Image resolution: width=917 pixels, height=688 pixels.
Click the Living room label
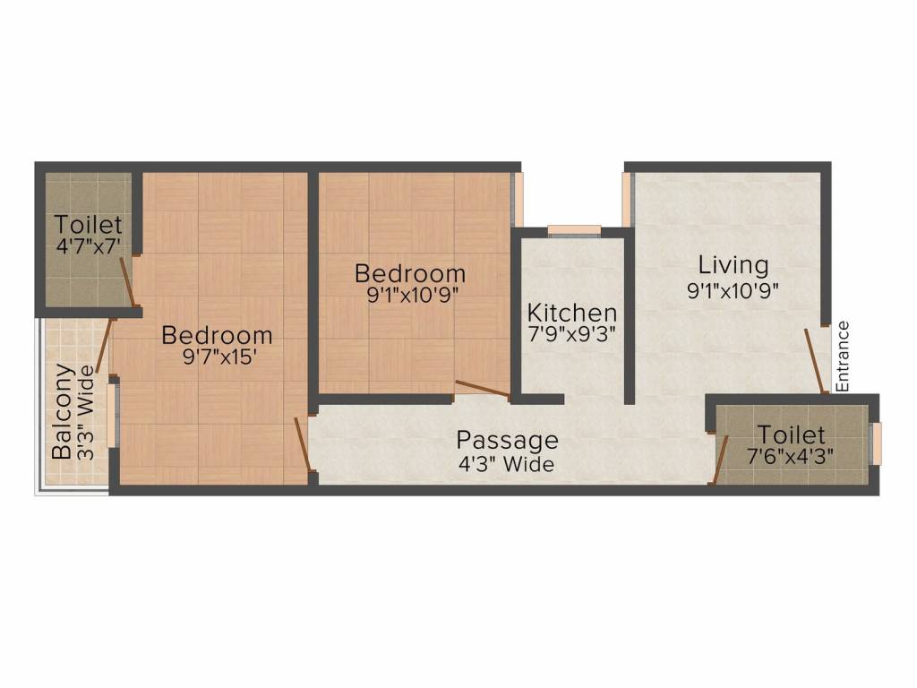[x=733, y=265]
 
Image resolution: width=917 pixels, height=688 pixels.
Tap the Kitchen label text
[x=571, y=314]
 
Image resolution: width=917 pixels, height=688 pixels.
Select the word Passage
[x=507, y=441]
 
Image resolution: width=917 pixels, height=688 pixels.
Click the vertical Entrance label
[x=843, y=356]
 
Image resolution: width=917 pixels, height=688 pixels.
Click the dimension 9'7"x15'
[x=217, y=359]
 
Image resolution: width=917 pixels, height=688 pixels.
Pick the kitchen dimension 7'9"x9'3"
[x=571, y=336]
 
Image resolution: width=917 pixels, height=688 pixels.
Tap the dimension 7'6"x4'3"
[x=791, y=457]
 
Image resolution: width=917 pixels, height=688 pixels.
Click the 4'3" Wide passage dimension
[x=507, y=464]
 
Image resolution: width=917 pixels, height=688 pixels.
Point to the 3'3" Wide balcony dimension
[x=84, y=411]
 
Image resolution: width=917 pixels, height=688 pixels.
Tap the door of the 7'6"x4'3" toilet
[x=720, y=459]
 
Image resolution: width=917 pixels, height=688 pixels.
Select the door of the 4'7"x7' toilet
[x=128, y=279]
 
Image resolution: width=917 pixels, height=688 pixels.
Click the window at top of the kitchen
[x=574, y=229]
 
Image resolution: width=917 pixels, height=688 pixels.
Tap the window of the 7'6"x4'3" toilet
[x=876, y=443]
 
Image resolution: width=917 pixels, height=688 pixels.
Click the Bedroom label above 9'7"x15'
[x=217, y=336]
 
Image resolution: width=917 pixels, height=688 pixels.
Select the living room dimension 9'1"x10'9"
[x=733, y=289]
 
